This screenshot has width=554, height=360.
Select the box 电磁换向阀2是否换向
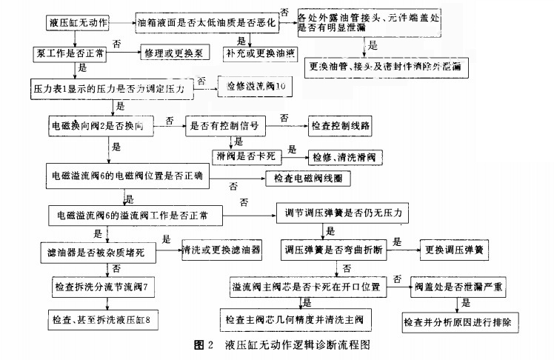(100, 127)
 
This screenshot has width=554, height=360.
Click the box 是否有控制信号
(225, 127)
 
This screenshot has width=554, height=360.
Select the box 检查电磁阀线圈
(307, 178)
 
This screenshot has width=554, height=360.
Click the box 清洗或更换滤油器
(221, 250)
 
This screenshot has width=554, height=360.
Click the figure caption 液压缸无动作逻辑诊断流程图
(296, 345)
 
